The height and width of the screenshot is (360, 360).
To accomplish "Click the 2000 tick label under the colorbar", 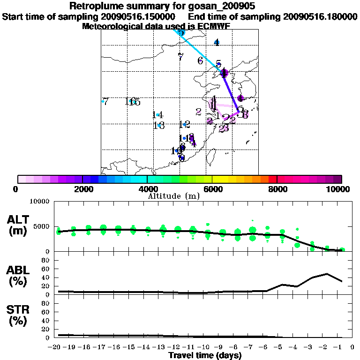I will coord(82,189).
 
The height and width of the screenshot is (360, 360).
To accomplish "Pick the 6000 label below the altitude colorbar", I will coord(212,189).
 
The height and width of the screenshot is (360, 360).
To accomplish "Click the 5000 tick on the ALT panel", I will coord(42,226).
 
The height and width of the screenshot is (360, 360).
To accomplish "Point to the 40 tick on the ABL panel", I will coord(46,277).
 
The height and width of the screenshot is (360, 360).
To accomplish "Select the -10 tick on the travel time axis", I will coord(205,347).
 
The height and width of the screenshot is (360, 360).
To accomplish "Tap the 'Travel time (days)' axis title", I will coord(205,355).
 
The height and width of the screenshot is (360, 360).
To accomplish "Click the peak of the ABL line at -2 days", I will coord(327,274).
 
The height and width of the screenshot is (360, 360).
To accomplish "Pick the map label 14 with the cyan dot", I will coord(157,115).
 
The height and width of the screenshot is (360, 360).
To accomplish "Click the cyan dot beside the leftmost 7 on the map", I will coord(103,101).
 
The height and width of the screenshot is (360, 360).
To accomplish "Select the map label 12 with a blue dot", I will coord(184,124).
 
